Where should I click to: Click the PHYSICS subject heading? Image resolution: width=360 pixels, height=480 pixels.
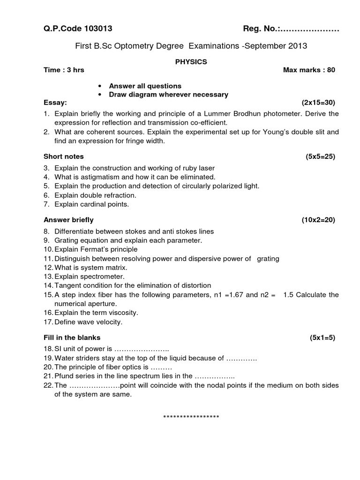tap(191, 61)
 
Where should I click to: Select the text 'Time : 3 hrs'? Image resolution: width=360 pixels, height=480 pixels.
tap(64, 70)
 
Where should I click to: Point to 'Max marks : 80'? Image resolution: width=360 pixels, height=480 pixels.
tap(309, 70)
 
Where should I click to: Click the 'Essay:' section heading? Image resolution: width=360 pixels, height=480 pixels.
tap(55, 102)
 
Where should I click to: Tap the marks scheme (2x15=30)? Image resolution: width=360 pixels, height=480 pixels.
tap(319, 102)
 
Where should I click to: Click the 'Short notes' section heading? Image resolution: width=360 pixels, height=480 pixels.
tap(64, 156)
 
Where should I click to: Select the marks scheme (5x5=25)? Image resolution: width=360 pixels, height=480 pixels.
tap(320, 156)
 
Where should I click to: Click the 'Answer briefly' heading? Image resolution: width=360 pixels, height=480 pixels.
tap(68, 219)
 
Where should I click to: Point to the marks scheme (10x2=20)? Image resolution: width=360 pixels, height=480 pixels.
tap(318, 219)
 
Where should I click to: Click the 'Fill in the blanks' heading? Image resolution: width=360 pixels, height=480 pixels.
tap(72, 337)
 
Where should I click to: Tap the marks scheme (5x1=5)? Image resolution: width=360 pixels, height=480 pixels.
tap(322, 337)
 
